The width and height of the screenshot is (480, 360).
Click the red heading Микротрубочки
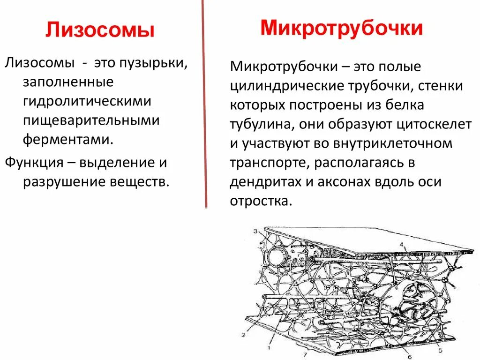342,28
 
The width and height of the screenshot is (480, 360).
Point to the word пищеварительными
92,120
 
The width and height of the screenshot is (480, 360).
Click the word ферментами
68,140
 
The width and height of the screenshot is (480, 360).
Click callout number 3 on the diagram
255,231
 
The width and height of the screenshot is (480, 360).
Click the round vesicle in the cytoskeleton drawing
277,256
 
